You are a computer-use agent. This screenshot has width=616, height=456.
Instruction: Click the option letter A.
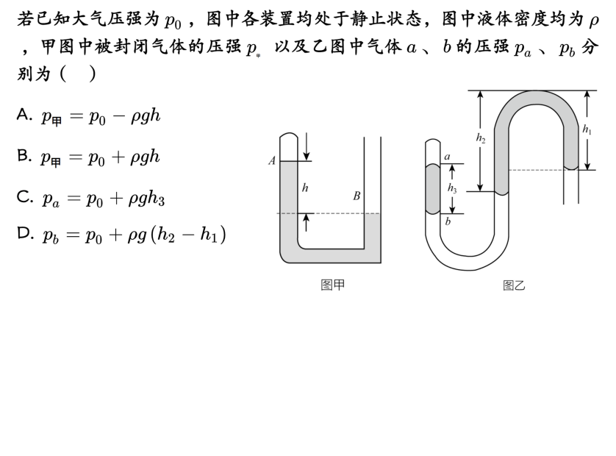[23, 116]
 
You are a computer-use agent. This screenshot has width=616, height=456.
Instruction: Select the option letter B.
[23, 157]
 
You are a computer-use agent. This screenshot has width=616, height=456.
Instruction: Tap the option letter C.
[23, 196]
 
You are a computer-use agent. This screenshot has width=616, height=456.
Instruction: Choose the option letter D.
[24, 234]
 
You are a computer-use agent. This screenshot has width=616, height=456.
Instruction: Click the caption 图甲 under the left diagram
[332, 285]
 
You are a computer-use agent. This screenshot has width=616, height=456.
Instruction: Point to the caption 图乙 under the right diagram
[514, 285]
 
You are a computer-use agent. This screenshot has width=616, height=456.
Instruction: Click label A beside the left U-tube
[272, 161]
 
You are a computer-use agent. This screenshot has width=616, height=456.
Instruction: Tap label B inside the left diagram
[356, 196]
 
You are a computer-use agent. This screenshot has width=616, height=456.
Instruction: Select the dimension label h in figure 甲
[305, 188]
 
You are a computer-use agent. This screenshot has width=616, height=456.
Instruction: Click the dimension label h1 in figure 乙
[587, 129]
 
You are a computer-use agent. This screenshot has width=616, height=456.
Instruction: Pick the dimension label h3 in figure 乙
[452, 188]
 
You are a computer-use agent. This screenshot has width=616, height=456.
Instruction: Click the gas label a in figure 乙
[447, 157]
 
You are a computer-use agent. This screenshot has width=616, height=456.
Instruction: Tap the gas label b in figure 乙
[447, 220]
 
